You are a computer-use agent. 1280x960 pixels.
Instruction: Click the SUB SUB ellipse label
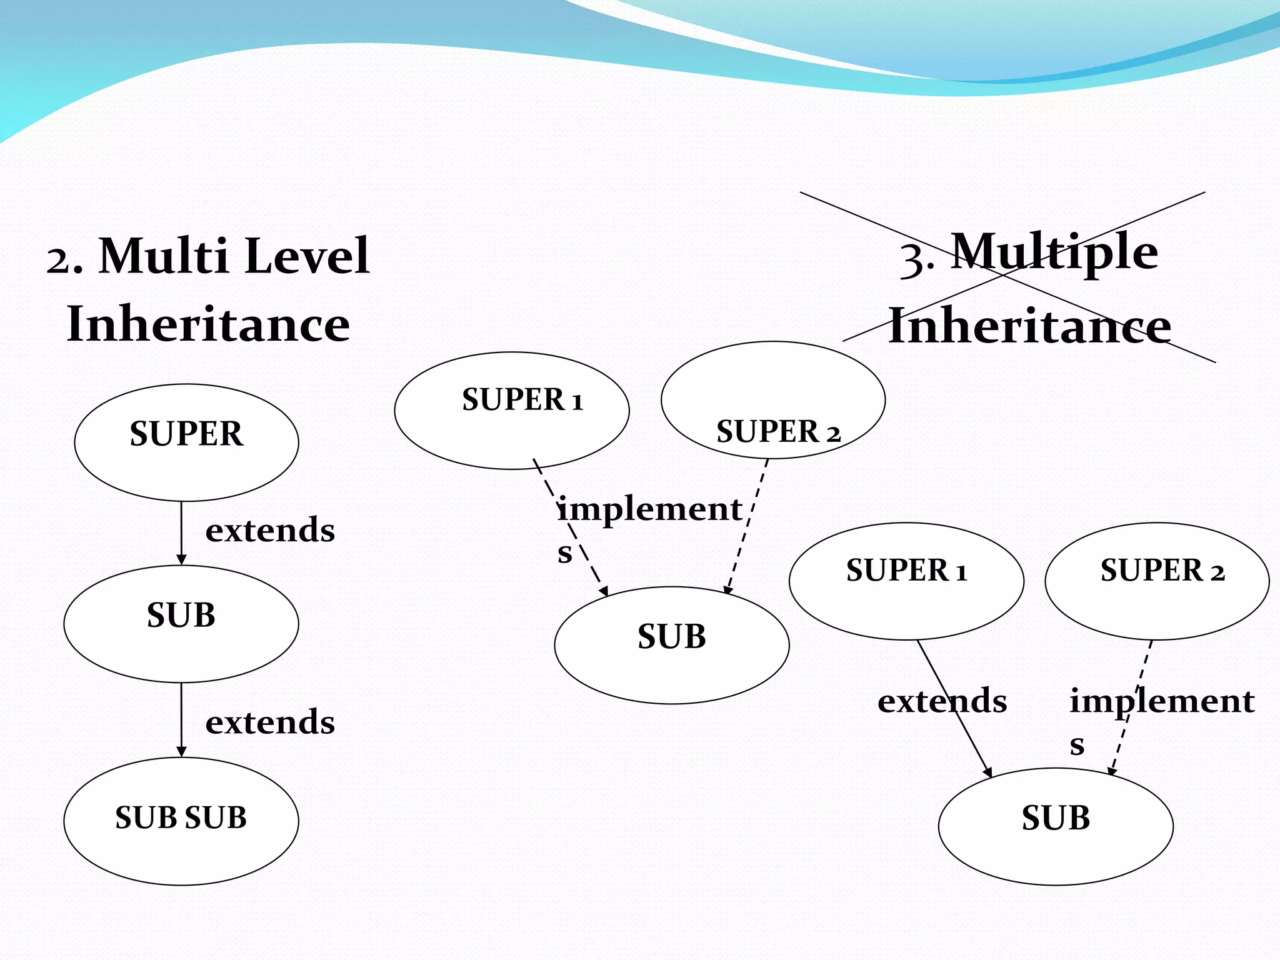(181, 817)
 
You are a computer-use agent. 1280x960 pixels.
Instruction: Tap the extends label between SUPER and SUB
(270, 530)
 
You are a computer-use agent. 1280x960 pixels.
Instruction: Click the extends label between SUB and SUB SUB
(270, 722)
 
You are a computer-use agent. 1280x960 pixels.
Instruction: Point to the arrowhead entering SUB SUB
(181, 751)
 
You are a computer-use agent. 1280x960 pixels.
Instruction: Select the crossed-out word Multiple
(1054, 251)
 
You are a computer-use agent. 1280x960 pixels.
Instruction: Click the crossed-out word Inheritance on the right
(1029, 326)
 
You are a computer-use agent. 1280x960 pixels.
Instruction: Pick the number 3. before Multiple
(916, 257)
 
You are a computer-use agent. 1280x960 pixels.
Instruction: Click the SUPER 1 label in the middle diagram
(522, 399)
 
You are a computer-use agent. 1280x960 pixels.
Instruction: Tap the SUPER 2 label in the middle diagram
(778, 432)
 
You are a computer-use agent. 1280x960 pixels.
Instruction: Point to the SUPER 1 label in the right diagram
(906, 570)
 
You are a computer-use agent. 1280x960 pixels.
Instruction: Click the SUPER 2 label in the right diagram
(1162, 570)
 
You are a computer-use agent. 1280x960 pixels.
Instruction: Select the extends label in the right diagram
(942, 701)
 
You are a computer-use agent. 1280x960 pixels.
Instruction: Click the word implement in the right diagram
(1161, 701)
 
